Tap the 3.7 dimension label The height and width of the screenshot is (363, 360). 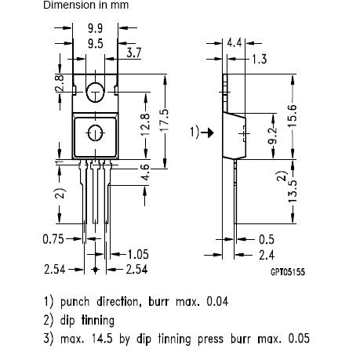coord(133,53)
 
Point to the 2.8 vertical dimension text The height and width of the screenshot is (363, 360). coord(60,82)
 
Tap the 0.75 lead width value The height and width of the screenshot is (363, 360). coord(53,239)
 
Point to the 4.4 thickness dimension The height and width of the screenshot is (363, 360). coord(235,42)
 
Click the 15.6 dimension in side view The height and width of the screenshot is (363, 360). coord(293,118)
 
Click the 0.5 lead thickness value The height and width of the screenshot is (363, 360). coord(267,239)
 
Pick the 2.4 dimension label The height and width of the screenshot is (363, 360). coord(267,254)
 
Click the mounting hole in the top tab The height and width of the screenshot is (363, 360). coord(95,91)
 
